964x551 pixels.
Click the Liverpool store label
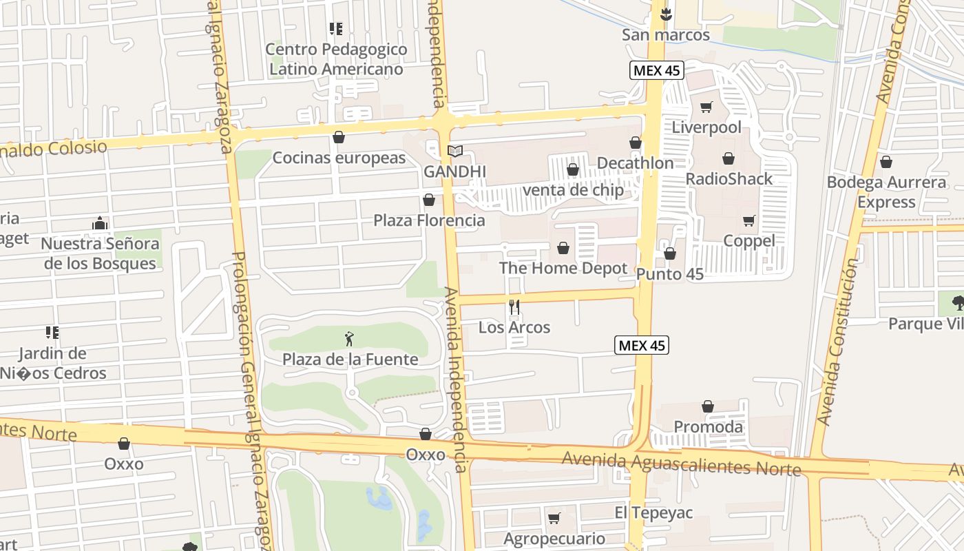[x=706, y=127]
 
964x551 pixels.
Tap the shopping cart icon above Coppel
[x=749, y=221]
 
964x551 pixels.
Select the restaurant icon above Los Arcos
[x=514, y=306]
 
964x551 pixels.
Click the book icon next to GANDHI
[x=454, y=151]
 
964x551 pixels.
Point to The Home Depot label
[x=563, y=269]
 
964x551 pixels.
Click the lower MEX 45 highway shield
[x=641, y=346]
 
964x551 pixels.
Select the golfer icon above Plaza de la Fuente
[x=350, y=339]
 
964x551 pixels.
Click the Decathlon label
[x=635, y=163]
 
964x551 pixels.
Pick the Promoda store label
[x=708, y=427]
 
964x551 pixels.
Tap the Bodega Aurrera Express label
[x=886, y=192]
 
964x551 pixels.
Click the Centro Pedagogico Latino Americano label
[x=336, y=59]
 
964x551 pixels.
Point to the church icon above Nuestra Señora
[x=100, y=223]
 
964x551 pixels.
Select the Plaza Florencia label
[x=429, y=220]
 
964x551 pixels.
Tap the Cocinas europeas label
[x=339, y=158]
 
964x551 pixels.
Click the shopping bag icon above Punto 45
[x=669, y=254]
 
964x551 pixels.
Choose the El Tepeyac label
[x=653, y=513]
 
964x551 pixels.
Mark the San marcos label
[x=665, y=34]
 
